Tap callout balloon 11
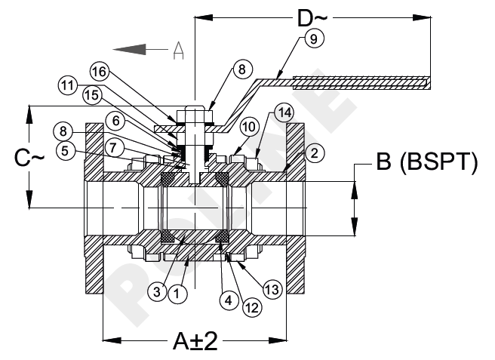(x=67, y=86)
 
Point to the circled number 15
(x=91, y=96)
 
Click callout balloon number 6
(x=115, y=119)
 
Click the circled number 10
(x=250, y=125)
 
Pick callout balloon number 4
(x=226, y=300)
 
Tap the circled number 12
(x=251, y=306)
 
